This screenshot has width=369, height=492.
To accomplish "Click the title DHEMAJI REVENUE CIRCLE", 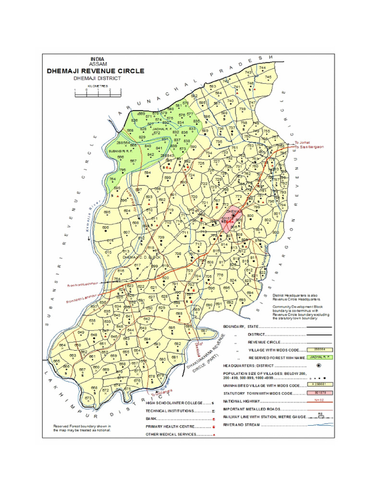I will coord(95,71).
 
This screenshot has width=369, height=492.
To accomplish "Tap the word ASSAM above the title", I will coord(98,63).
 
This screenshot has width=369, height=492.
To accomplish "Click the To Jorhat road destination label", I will coord(303,143).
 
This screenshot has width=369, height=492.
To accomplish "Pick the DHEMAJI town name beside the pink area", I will coord(233,211).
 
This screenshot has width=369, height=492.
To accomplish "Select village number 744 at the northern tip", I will coord(262,68).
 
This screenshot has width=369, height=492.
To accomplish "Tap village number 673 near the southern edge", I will coord(88,398).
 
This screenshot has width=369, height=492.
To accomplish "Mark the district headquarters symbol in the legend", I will coord(318,366).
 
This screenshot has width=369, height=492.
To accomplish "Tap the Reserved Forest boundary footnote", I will coord(83,428).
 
